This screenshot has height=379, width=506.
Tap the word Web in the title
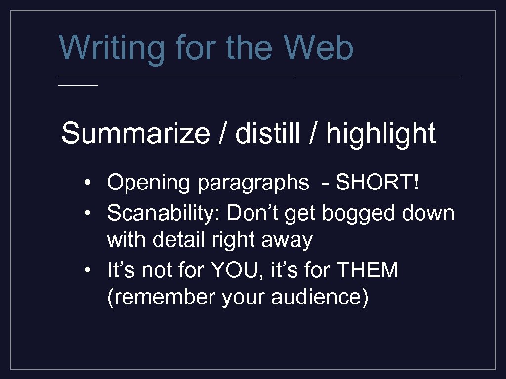319,48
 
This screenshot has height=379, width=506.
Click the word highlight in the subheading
381,134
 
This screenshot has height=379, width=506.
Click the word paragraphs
253,183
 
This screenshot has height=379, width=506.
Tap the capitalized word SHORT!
378,183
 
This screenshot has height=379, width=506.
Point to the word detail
179,240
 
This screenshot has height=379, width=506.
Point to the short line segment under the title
78,85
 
